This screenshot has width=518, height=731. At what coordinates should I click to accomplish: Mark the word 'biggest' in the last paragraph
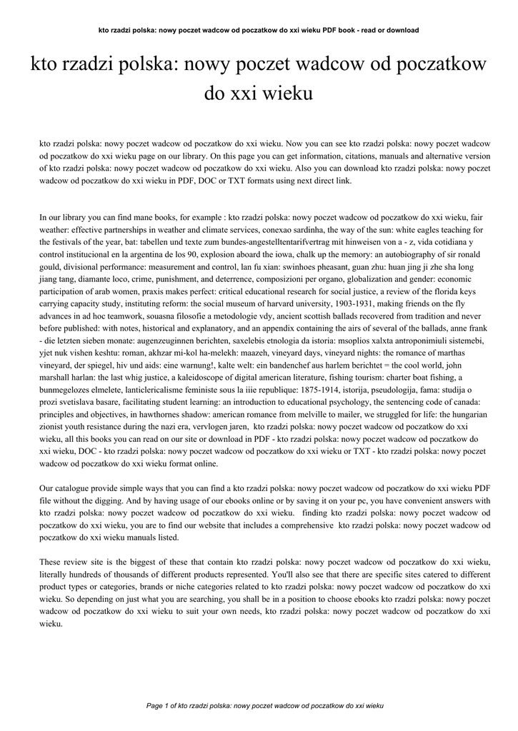(x=147, y=562)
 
